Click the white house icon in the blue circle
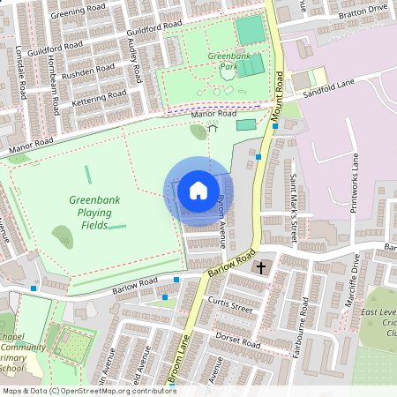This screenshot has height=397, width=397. point(198,190)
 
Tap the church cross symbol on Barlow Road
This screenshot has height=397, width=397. point(261,266)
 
